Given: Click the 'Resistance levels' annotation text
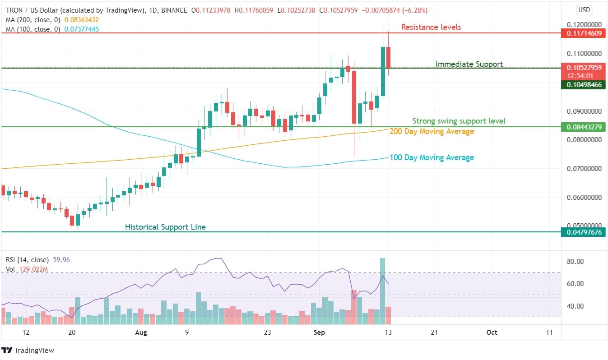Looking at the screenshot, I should point(431,27).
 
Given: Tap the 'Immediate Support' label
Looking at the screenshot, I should point(469,64).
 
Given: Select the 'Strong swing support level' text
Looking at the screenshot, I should point(459,121).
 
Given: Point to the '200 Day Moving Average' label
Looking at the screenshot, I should point(432,131).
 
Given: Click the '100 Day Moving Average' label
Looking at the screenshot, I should point(432,157).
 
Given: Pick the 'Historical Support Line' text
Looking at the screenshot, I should point(165,227).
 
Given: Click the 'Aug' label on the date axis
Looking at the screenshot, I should point(141,332).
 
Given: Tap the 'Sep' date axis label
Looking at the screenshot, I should point(319,332).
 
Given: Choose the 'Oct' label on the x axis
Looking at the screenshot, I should point(492,332).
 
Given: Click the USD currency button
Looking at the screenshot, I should point(584,10).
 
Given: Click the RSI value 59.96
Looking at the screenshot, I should point(61,260).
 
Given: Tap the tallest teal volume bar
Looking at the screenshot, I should point(382,291).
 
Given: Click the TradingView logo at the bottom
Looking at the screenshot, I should point(28,351).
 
